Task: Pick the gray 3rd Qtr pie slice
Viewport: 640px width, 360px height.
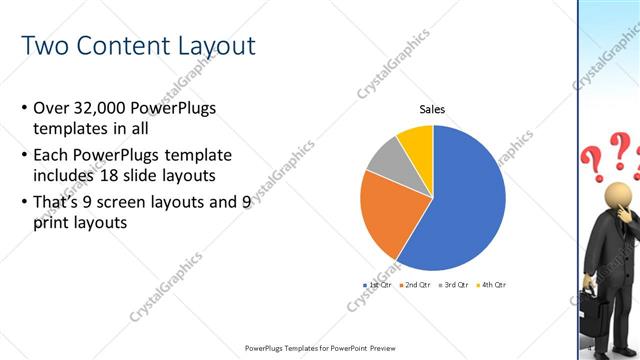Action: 386,160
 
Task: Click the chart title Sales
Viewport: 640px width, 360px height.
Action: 432,110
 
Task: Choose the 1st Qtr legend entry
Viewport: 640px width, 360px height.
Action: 376,285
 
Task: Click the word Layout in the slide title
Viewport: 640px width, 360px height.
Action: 207,46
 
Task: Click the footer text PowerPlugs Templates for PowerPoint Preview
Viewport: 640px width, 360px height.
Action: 319,348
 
